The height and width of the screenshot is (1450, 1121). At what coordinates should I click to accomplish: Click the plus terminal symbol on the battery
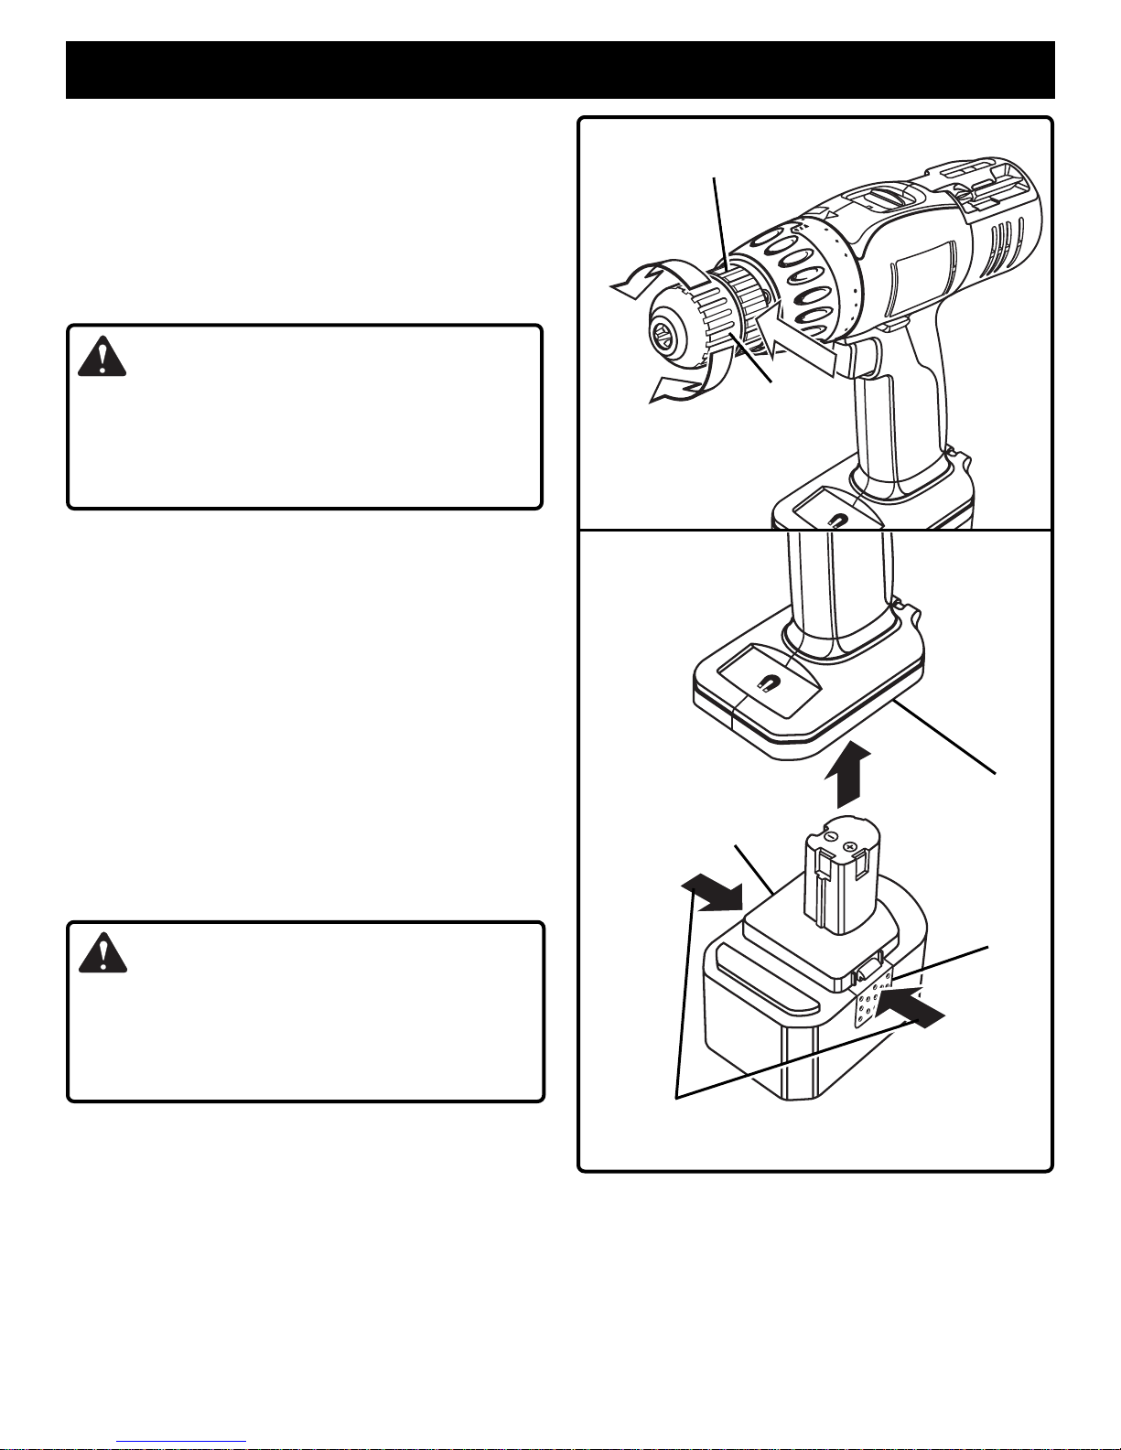point(852,847)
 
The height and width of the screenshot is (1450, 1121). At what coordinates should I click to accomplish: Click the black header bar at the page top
point(560,70)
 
